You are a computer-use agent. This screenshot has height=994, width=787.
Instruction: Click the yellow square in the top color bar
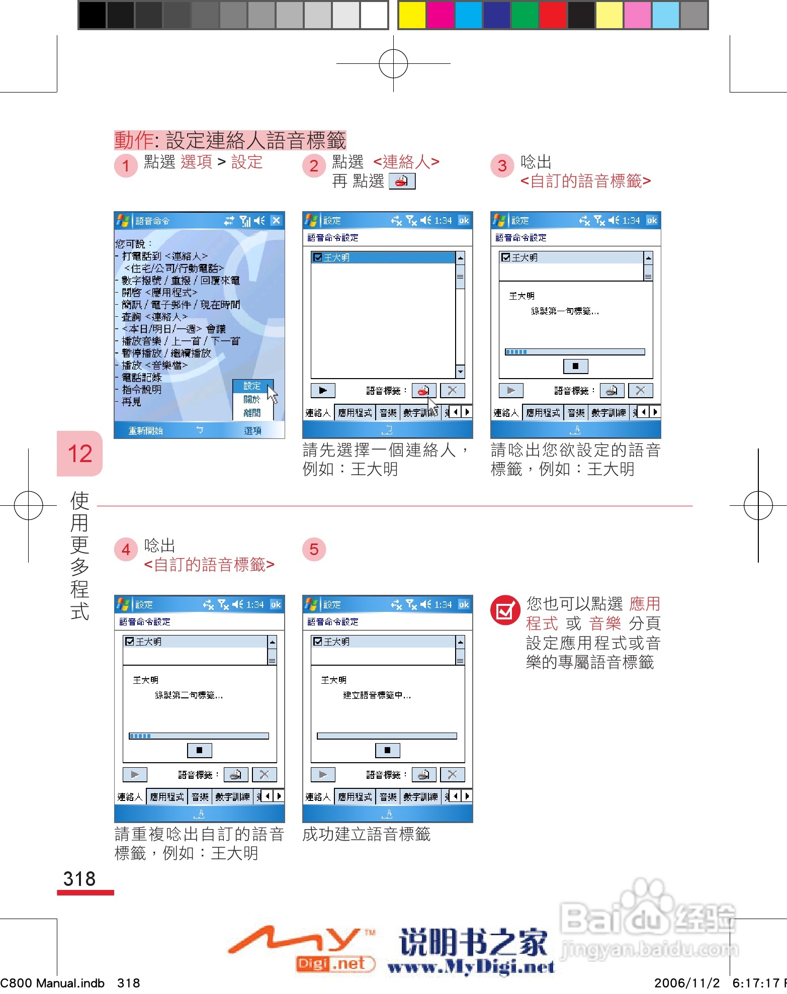[x=412, y=15]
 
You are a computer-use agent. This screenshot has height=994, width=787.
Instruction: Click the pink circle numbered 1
[x=126, y=165]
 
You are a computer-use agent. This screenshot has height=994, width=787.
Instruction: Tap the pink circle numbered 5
[x=314, y=549]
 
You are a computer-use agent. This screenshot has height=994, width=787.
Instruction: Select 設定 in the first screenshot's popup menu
[x=252, y=386]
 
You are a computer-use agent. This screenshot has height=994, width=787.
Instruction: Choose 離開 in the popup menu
[x=252, y=413]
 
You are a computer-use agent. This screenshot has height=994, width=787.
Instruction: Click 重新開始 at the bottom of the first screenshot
[x=145, y=431]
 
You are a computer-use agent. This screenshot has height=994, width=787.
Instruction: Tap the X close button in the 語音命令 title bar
[x=276, y=220]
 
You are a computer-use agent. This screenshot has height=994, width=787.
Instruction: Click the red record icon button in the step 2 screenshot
[x=424, y=391]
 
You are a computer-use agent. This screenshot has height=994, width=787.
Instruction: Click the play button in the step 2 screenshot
[x=323, y=391]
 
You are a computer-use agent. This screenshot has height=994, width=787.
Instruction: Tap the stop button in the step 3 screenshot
[x=575, y=366]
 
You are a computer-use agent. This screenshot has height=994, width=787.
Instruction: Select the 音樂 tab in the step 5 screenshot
[x=388, y=797]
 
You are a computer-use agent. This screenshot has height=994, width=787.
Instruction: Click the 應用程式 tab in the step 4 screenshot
[x=167, y=797]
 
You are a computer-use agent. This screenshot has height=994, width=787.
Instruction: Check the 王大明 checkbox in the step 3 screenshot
[x=506, y=257]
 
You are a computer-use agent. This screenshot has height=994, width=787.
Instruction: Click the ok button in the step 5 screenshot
[x=464, y=604]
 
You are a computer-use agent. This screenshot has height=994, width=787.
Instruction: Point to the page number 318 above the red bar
[x=79, y=879]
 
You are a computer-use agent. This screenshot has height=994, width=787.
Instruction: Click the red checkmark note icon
[x=505, y=610]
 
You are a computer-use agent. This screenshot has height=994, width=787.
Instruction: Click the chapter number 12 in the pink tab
[x=80, y=454]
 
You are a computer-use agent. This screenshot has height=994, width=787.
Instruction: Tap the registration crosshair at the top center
[x=393, y=64]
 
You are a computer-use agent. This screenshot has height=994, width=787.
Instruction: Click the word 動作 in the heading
[x=134, y=140]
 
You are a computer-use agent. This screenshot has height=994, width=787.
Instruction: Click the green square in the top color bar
[x=524, y=15]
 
